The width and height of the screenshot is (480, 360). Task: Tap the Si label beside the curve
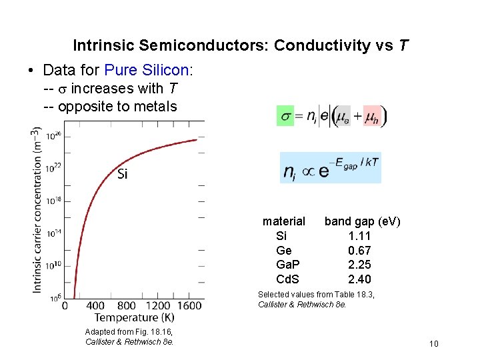123,175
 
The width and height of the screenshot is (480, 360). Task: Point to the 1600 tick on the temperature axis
190,305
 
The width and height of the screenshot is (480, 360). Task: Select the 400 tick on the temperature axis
96,305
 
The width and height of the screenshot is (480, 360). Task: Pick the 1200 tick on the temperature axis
159,305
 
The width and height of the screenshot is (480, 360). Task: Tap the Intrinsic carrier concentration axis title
38,209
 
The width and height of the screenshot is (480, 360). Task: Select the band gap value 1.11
359,236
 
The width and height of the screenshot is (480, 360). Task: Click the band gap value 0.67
359,251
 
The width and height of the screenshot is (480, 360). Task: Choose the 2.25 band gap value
359,265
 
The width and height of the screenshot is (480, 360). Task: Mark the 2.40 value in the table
359,279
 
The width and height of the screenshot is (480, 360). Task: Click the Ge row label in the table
284,251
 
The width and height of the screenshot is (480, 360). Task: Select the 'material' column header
284,221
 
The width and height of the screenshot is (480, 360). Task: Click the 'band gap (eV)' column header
362,221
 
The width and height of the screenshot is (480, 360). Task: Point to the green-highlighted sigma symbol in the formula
285,116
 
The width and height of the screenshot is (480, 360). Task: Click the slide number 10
434,344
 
